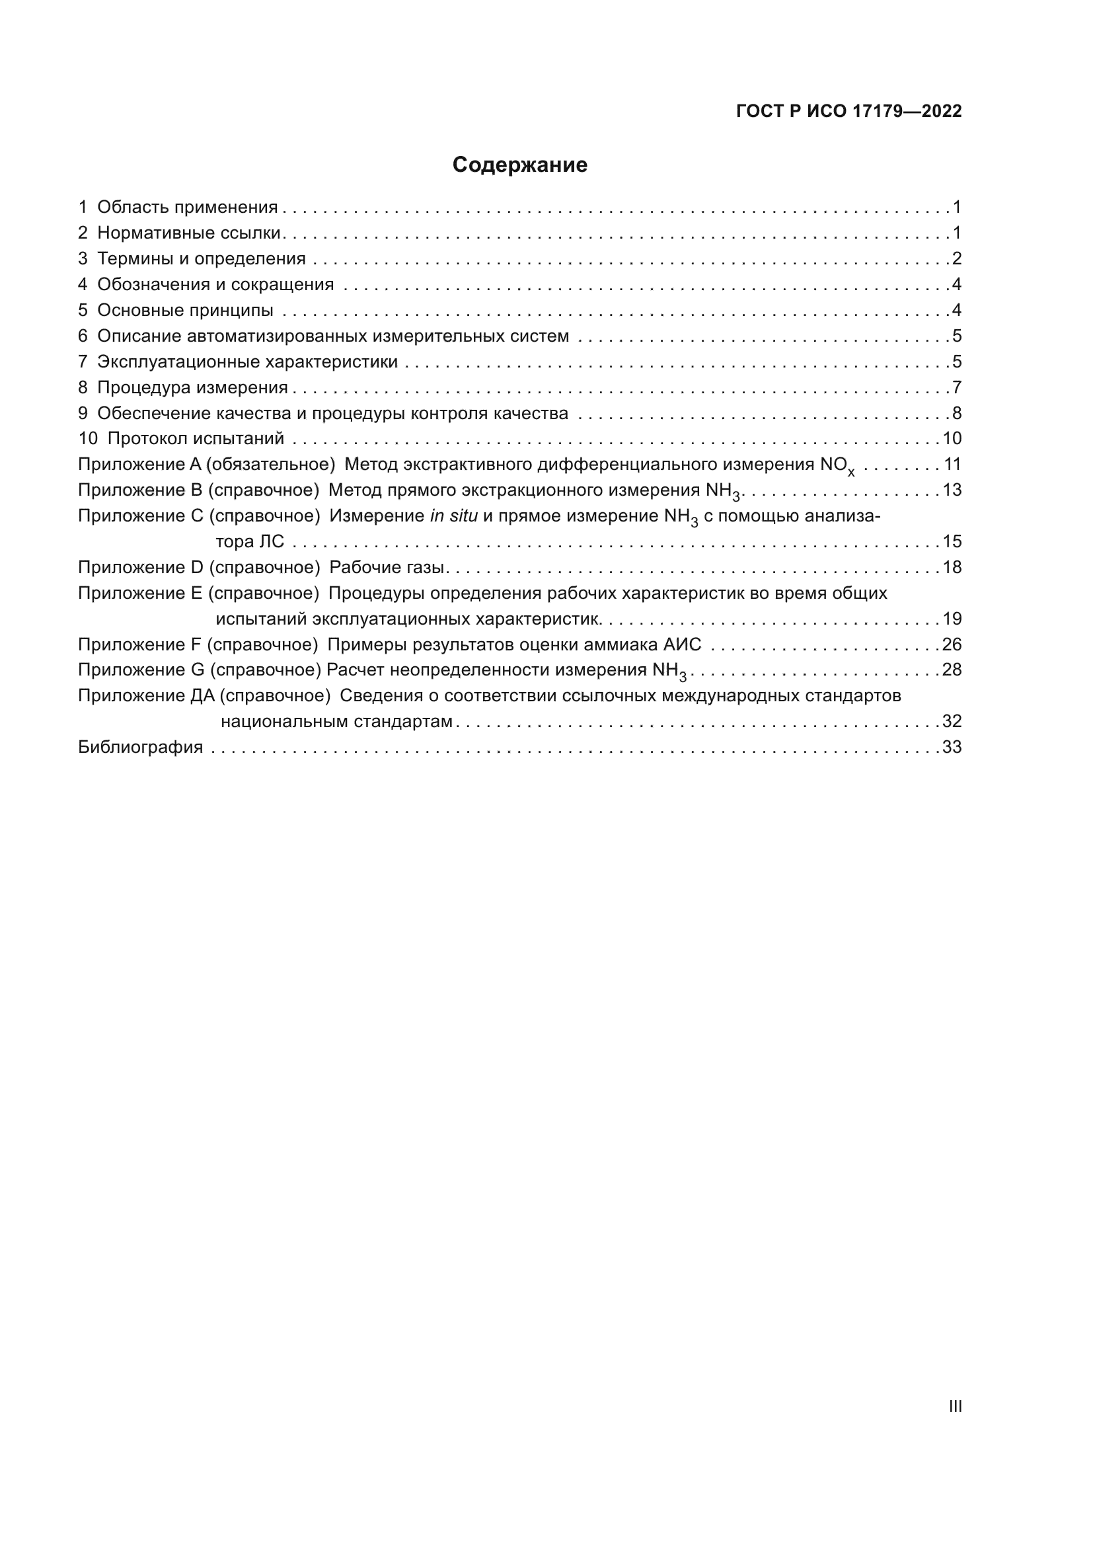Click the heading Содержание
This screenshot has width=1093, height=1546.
point(519,165)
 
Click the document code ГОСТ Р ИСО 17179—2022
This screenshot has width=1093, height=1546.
point(848,111)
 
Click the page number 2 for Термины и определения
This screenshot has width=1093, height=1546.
point(956,258)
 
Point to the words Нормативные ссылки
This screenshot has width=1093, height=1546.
point(188,233)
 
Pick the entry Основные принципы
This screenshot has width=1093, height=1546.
point(185,311)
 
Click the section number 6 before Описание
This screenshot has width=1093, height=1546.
point(83,336)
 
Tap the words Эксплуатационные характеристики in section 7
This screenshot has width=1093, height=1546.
point(248,362)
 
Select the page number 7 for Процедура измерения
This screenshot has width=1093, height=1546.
point(956,388)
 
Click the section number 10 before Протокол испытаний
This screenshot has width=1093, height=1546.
point(87,439)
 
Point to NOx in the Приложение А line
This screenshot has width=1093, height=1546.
point(837,465)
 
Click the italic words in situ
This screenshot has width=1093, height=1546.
point(453,516)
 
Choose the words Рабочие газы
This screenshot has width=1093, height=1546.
point(387,568)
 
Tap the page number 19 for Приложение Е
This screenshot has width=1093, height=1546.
point(952,619)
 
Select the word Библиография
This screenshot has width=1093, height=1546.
point(141,748)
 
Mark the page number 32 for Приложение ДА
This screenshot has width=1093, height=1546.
point(952,722)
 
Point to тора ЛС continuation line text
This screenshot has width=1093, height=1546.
point(250,542)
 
